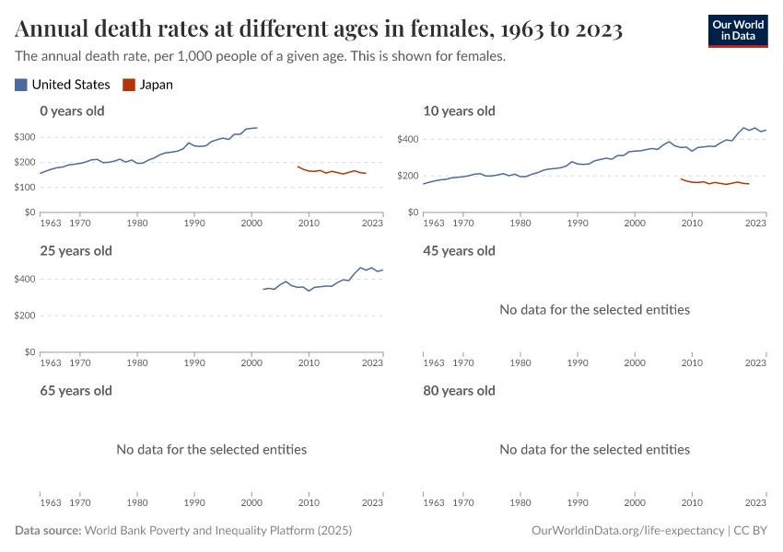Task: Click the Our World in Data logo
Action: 737,30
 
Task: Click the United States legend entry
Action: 70,85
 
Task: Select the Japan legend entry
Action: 156,85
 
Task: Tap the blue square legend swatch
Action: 21,85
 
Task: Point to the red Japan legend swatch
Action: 129,85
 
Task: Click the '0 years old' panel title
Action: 72,111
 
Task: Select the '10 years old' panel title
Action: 459,111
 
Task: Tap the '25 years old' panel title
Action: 76,251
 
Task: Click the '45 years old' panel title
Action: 459,251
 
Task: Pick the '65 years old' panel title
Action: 76,391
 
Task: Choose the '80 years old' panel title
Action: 459,391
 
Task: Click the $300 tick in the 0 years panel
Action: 25,138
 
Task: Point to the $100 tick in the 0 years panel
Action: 25,188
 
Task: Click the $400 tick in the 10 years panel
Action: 408,140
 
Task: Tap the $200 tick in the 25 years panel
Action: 25,316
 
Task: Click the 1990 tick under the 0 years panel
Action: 194,223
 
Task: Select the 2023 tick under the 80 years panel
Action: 755,502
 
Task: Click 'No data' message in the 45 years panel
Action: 594,310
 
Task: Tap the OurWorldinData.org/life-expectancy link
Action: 628,531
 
